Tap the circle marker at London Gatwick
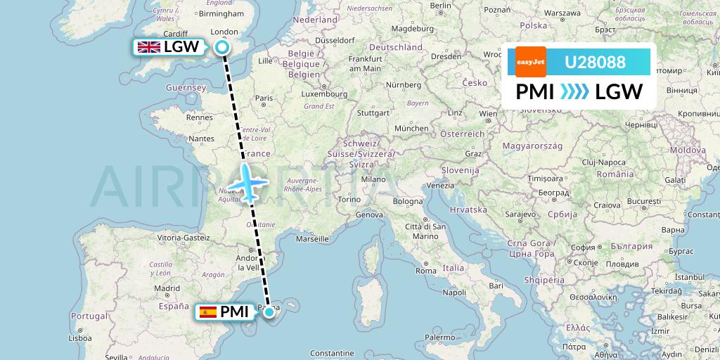[x=222, y=48]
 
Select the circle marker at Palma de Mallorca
[x=269, y=311]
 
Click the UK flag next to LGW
[x=148, y=48]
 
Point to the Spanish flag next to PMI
[x=207, y=311]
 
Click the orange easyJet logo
[x=530, y=62]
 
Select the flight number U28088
[x=595, y=62]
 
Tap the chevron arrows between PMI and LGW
[x=574, y=92]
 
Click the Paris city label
[x=264, y=98]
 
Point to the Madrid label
[x=167, y=288]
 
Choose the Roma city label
[x=426, y=270]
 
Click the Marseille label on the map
[x=313, y=239]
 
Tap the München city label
[x=411, y=129]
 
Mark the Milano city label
[x=373, y=179]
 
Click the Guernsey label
[x=185, y=88]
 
